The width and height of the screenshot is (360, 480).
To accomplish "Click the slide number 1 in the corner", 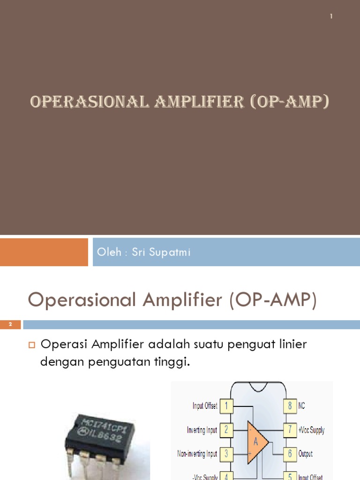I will coord(331,16).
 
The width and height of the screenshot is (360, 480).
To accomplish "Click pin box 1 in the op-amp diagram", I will coord(226,405).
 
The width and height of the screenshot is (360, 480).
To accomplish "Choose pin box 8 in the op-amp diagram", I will coord(290,405).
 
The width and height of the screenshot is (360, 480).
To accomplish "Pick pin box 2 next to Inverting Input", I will coord(226,429).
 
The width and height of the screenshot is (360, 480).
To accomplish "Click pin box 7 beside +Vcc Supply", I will coord(290,429).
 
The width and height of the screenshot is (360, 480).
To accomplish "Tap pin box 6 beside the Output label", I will coord(290,453).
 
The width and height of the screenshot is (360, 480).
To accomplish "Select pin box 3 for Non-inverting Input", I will coord(226,453).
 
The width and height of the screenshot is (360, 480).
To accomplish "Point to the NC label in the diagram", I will coord(302,406).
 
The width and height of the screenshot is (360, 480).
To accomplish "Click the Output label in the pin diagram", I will coord(306,454).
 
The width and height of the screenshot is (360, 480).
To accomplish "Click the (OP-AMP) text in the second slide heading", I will coord(273,300).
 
